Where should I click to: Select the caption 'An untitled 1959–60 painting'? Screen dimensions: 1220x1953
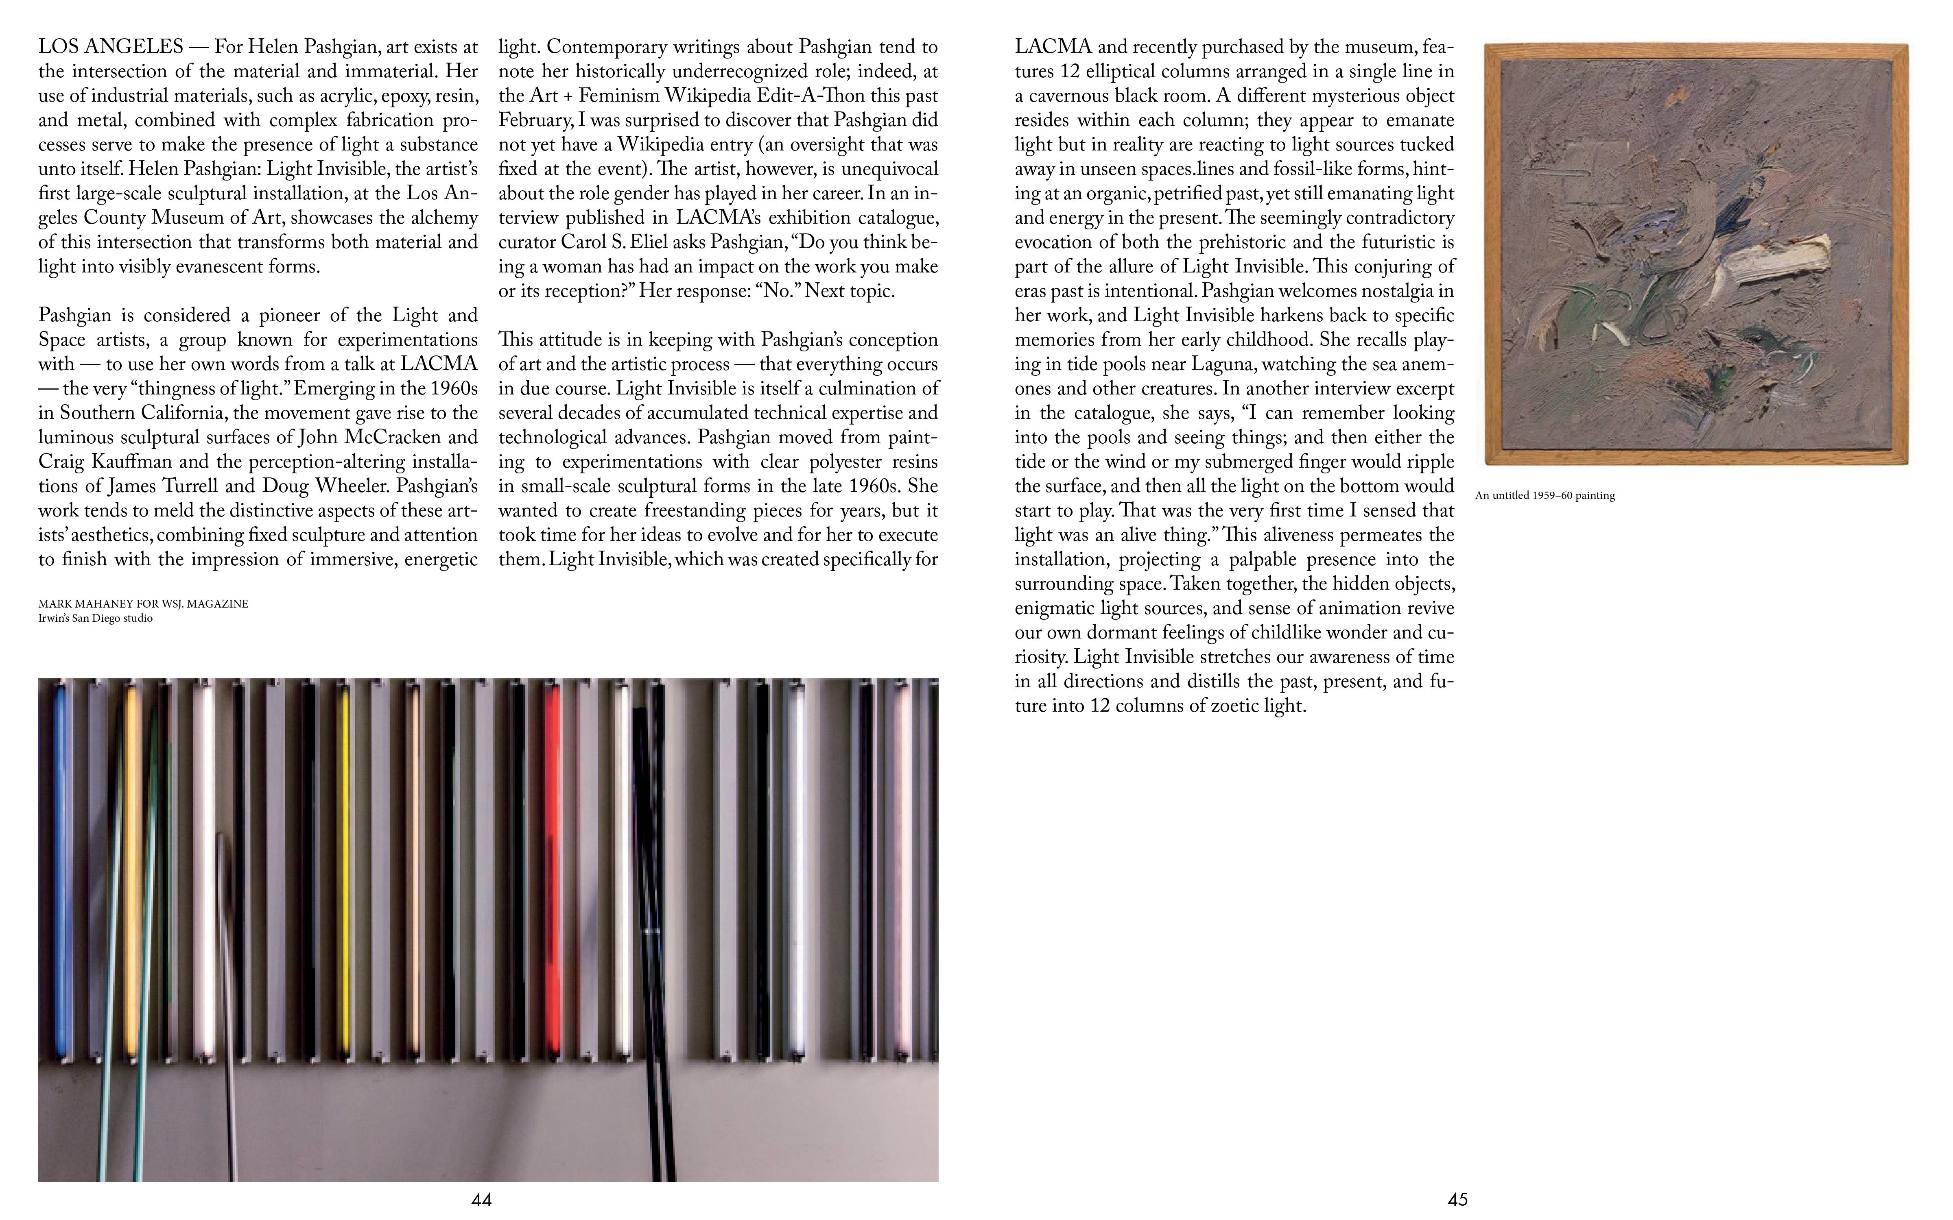pyautogui.click(x=1544, y=495)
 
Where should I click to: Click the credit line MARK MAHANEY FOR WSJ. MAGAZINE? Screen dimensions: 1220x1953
pyautogui.click(x=143, y=603)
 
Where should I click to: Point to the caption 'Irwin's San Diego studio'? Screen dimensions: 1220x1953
pyautogui.click(x=95, y=618)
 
